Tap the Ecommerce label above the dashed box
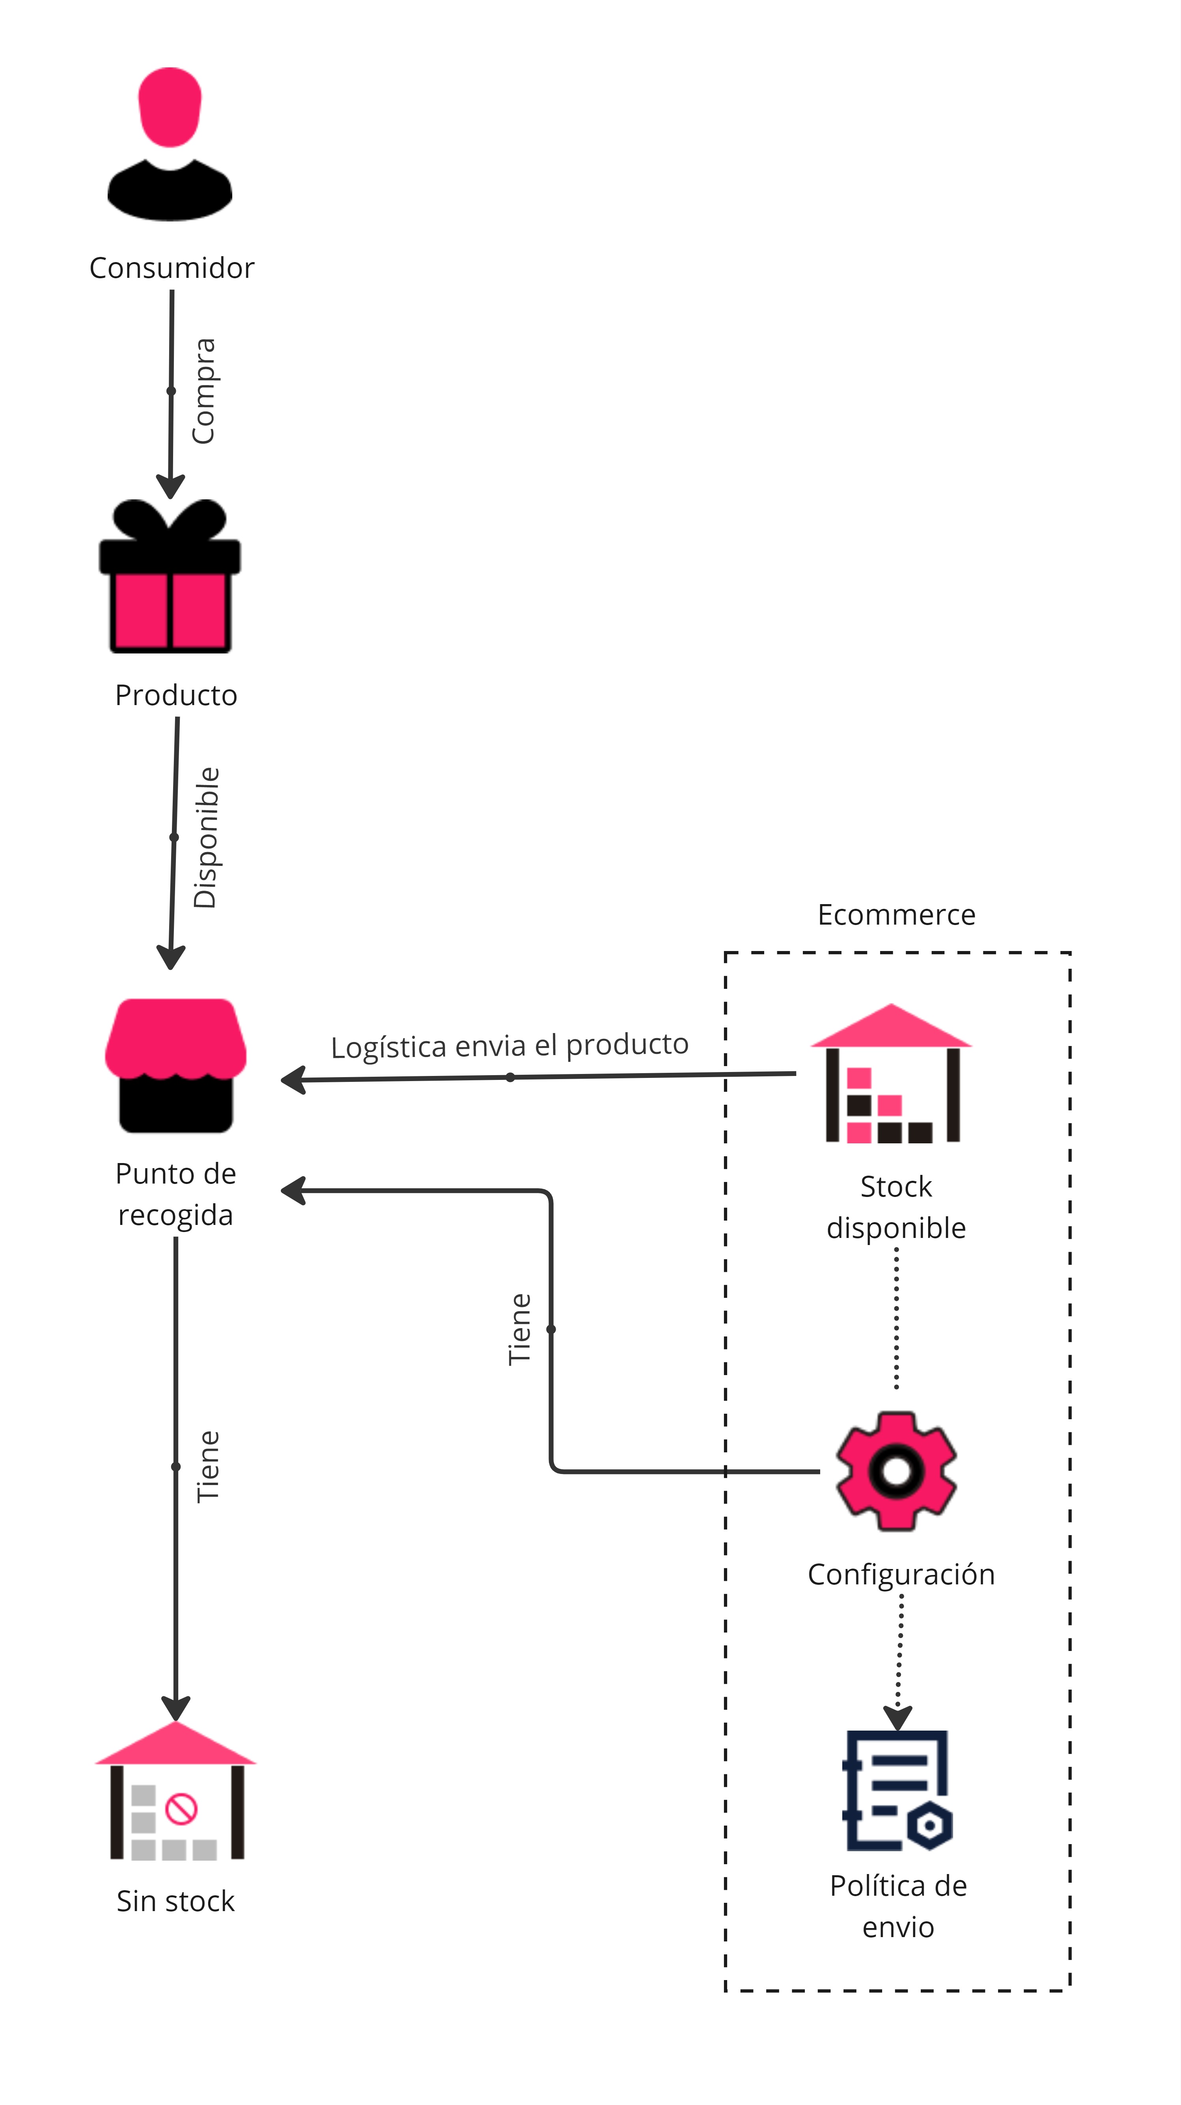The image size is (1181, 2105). [896, 914]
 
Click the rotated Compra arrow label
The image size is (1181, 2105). [203, 391]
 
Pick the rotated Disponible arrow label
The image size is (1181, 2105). [206, 838]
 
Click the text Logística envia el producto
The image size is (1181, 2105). [509, 1045]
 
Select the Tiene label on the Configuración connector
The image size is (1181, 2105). [520, 1329]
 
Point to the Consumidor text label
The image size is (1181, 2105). [172, 268]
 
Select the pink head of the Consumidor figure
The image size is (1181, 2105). [170, 106]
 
